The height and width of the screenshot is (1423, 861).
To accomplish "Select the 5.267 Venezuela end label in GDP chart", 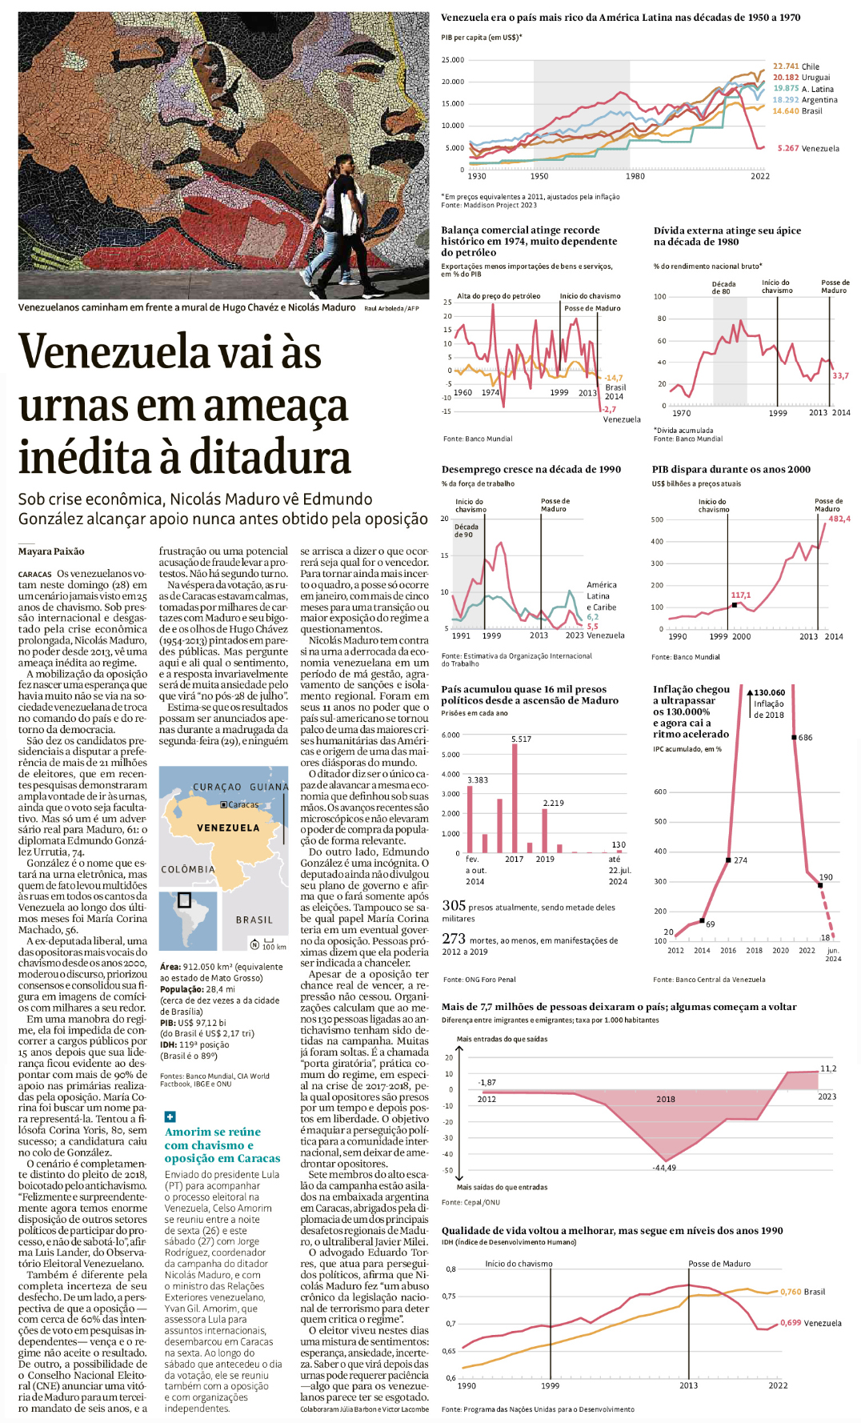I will [x=808, y=148].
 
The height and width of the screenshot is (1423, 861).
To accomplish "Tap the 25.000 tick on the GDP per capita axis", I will [x=453, y=60].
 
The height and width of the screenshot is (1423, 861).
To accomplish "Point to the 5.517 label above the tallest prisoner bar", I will [x=521, y=739].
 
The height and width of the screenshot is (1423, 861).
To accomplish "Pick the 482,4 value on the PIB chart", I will [x=839, y=519].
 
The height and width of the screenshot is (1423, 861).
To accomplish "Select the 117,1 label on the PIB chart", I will [x=740, y=595].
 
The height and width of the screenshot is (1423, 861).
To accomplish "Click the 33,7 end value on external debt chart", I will [x=840, y=375].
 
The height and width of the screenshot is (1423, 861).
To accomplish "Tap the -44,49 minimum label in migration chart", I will [x=663, y=1168].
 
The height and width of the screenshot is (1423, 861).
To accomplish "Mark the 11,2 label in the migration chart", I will [x=828, y=1068].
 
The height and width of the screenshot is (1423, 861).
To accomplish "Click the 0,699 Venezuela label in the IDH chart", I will [x=811, y=1323].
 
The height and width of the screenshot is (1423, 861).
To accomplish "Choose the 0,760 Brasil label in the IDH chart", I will [x=803, y=1292].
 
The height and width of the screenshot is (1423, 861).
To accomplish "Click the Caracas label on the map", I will [x=243, y=804].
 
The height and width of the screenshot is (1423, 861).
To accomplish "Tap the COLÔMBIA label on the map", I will [x=188, y=869].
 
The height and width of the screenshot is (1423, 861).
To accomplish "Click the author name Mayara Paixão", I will [x=51, y=551].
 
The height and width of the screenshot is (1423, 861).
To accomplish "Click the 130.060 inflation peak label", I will [x=769, y=692].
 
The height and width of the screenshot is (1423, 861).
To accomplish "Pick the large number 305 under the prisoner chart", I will [x=454, y=905].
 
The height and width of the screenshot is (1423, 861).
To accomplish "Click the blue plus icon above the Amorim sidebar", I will [x=170, y=1116].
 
